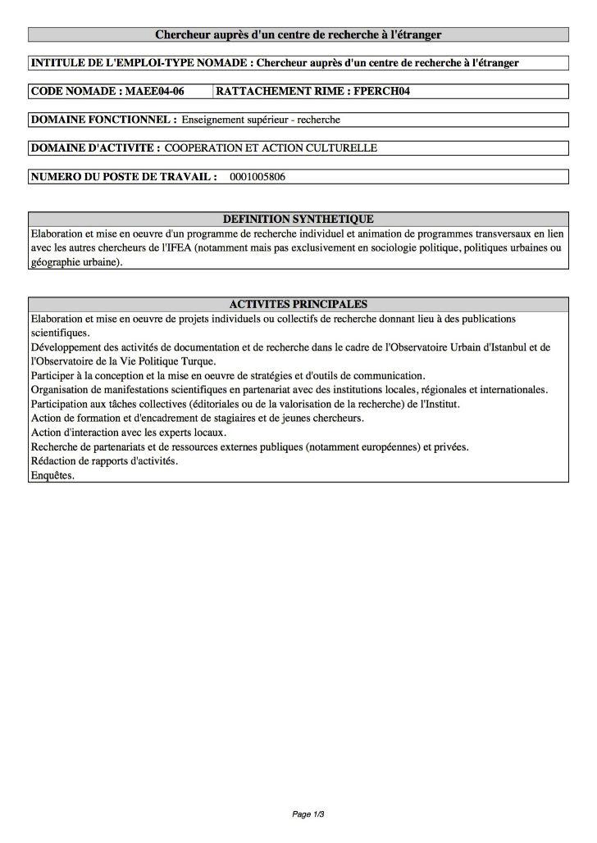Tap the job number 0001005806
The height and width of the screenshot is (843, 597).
[257, 176]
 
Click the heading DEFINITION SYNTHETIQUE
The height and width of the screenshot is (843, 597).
[298, 219]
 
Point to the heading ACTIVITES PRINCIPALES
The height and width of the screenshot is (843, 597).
[298, 304]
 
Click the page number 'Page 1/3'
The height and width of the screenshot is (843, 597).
[308, 814]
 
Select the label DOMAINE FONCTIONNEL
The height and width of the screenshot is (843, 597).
[103, 120]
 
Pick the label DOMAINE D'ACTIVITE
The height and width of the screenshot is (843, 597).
[95, 148]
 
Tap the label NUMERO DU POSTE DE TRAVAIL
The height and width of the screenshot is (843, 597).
[124, 176]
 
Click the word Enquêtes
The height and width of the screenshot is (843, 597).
[52, 475]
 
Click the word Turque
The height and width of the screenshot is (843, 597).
[196, 361]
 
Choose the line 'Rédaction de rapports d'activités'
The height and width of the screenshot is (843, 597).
[104, 461]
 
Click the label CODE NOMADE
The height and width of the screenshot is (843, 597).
[75, 91]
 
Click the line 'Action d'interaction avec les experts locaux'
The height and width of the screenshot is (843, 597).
[129, 433]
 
